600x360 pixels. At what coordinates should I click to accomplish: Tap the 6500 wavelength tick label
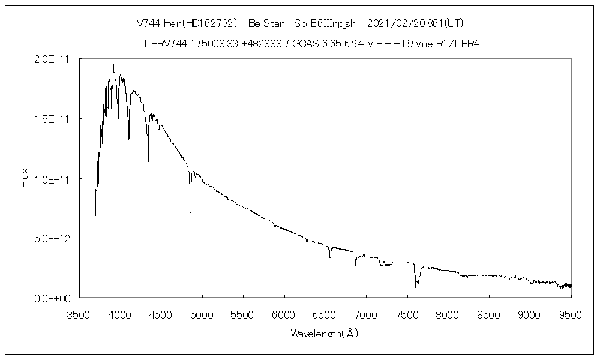[x=326, y=313]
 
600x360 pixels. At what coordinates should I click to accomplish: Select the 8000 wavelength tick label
[x=448, y=313]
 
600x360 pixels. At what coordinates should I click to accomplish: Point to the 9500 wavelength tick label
[x=571, y=313]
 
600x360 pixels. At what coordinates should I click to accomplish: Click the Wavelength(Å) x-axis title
[x=324, y=334]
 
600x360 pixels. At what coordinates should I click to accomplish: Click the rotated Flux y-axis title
[x=25, y=178]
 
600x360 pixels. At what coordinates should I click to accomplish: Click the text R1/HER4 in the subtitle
[x=458, y=44]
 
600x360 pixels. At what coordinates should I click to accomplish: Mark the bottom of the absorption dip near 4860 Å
[x=191, y=212]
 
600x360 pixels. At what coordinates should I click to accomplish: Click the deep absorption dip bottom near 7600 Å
[x=416, y=287]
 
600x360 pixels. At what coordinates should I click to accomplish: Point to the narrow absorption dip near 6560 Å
[x=330, y=257]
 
